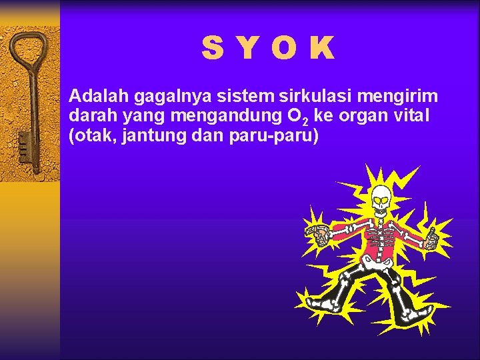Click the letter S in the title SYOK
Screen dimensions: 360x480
(x=213, y=48)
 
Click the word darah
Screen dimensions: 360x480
(x=90, y=116)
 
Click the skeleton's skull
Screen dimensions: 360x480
(x=381, y=199)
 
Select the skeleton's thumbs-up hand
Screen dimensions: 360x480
(x=430, y=238)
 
